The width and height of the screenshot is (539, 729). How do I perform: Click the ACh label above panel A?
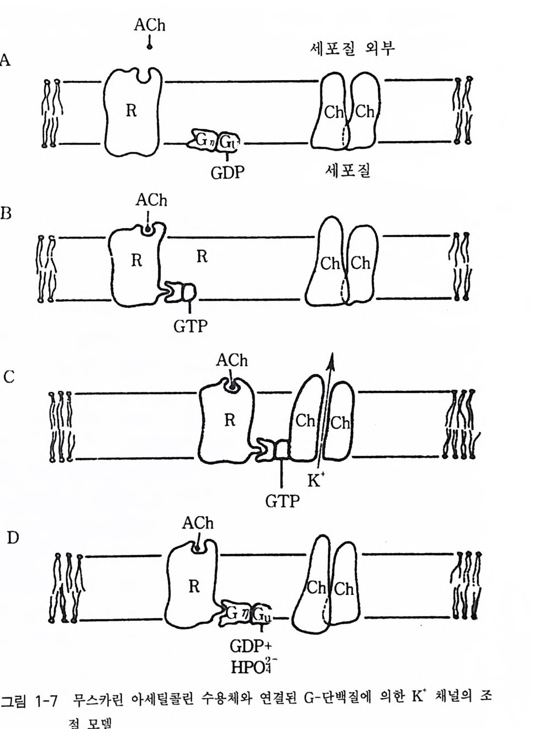click(149, 25)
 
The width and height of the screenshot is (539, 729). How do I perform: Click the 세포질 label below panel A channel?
click(347, 170)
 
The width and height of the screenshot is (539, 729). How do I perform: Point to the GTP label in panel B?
click(191, 326)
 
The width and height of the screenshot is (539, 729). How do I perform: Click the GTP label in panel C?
click(282, 501)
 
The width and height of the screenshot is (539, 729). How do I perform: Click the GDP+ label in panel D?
click(250, 646)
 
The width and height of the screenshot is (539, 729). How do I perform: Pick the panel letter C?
click(9, 377)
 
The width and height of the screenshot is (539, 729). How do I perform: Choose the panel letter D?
click(12, 537)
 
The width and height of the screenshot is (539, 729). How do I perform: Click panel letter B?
click(6, 213)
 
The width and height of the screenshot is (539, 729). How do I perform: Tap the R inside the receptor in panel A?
click(131, 111)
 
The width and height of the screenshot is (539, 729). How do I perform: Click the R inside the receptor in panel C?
click(230, 420)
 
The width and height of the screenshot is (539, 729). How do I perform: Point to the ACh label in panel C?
click(231, 360)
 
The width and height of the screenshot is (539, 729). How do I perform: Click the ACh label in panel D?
click(198, 523)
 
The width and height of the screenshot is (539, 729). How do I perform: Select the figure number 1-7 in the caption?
click(46, 701)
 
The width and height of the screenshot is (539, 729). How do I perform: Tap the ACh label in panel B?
click(151, 200)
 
